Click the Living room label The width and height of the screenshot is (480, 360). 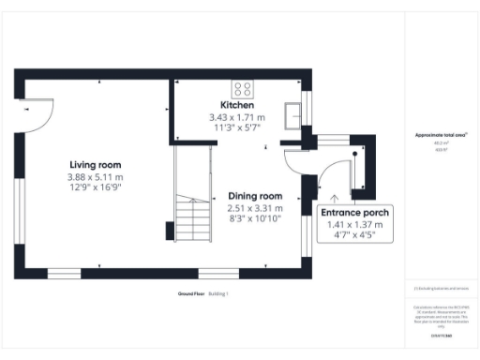tap(95, 165)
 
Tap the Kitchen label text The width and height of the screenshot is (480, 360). tap(237, 105)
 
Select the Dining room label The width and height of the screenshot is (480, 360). tap(255, 195)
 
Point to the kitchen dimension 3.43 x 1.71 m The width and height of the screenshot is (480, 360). tap(237, 117)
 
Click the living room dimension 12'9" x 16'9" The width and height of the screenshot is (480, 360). tap(95, 187)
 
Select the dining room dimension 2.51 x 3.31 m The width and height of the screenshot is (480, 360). tap(255, 207)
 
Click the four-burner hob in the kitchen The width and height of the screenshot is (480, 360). tap(244, 90)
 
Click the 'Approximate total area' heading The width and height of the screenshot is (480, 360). tap(441, 135)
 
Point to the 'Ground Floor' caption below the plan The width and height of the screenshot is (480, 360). tap(191, 294)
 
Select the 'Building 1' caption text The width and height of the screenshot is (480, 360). tap(218, 294)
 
